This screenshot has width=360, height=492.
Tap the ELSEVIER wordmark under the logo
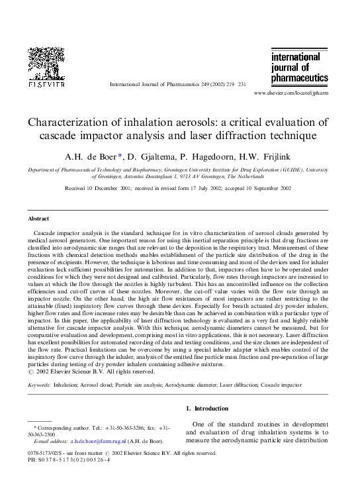[46, 85]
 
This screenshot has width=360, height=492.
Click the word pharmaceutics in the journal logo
[299, 77]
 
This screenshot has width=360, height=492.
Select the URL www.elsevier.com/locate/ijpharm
[291, 95]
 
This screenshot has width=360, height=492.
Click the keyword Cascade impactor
[304, 384]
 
